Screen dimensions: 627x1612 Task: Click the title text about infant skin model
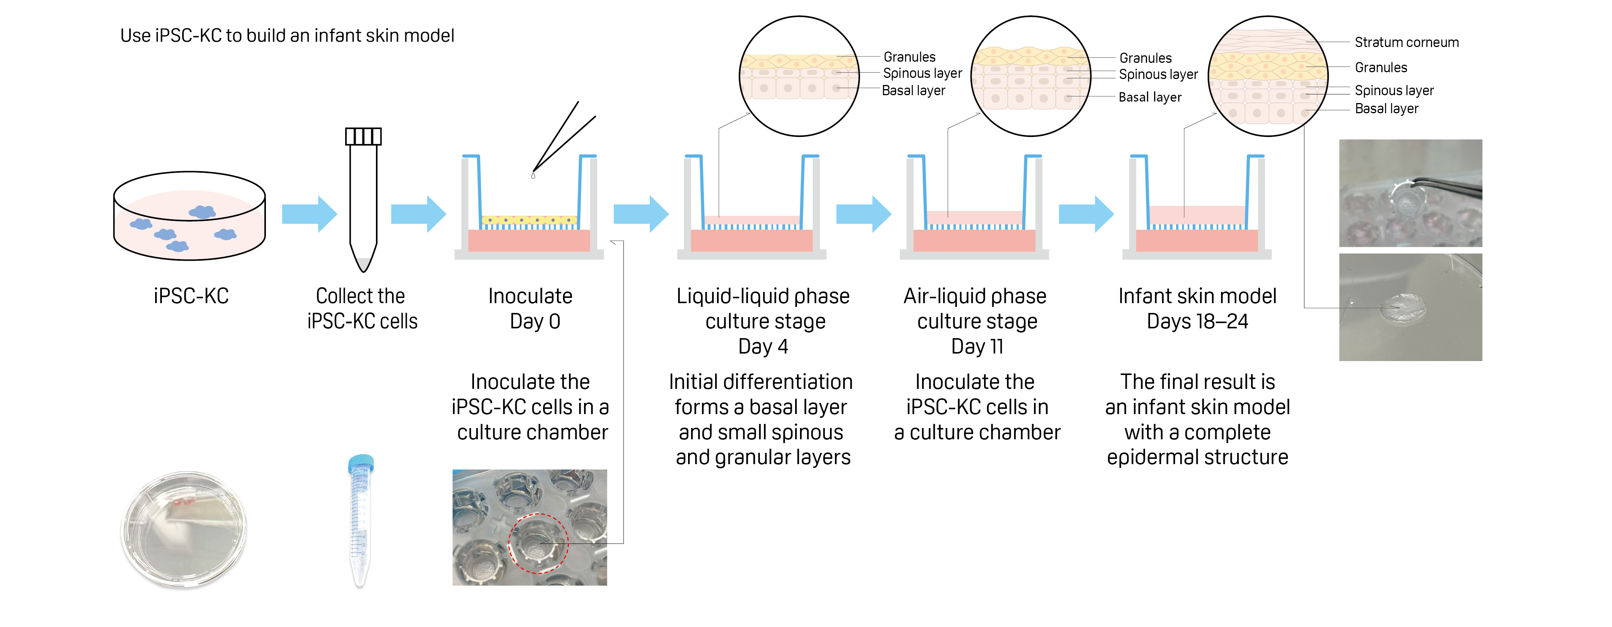click(x=287, y=36)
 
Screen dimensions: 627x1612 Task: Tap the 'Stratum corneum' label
click(x=1406, y=43)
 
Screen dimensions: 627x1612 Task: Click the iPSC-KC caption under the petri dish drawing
click(x=191, y=296)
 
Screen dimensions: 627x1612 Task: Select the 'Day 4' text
click(x=763, y=346)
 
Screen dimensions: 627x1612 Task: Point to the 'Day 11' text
click(x=977, y=346)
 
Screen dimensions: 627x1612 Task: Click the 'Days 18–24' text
click(x=1197, y=321)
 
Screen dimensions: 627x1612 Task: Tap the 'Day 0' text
click(x=535, y=321)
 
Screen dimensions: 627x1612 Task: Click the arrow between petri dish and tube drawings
click(x=309, y=214)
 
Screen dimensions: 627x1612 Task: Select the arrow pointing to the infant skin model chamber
click(x=1086, y=214)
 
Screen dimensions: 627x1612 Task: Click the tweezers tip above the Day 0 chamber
click(x=534, y=173)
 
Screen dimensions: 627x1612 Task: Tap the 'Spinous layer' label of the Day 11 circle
click(x=1158, y=74)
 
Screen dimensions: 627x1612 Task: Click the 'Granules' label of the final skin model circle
click(x=1381, y=68)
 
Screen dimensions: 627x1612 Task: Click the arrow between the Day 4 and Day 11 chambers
click(x=863, y=214)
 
